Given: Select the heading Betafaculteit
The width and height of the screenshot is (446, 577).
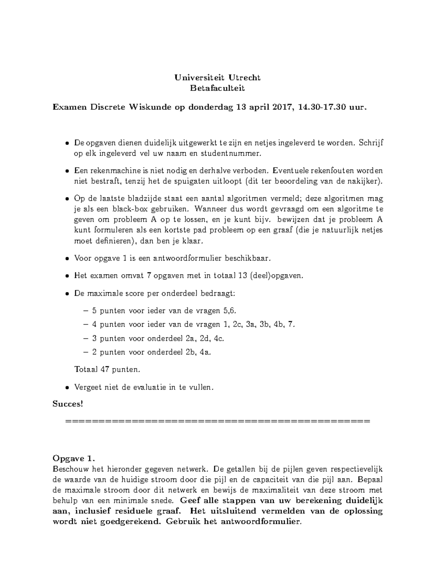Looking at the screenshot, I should [217, 88].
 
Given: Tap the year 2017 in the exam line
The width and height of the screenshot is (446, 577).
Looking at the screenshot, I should [283, 107].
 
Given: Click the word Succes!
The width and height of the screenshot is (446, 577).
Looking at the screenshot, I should [68, 404].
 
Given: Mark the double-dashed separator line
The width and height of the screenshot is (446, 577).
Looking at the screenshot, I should [217, 421].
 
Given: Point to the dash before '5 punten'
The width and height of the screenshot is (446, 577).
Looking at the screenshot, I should [86, 311].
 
